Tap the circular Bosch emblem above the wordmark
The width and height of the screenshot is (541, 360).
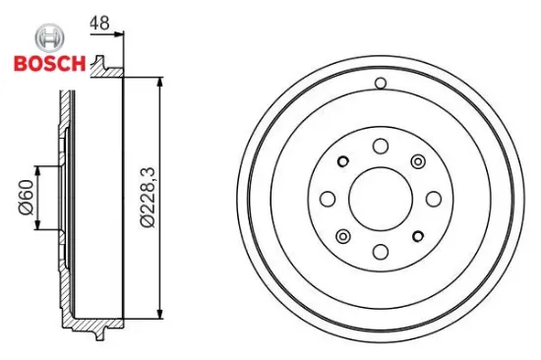[x=46, y=39]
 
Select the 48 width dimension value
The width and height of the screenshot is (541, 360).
[x=98, y=21]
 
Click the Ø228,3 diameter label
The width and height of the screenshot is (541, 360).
[x=147, y=197]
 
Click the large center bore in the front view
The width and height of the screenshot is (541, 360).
[x=380, y=198]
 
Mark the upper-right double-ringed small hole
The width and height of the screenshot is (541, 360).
[x=417, y=161]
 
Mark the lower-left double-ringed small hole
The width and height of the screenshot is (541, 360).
[x=342, y=235]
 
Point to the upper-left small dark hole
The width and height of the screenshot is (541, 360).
[x=342, y=161]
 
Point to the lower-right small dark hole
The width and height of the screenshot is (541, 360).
[x=417, y=235]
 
